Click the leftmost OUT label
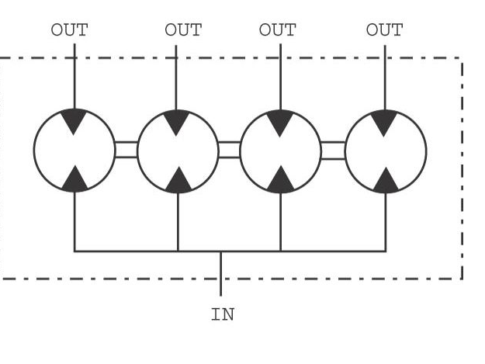[70, 30]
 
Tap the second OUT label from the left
[183, 30]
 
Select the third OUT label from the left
[278, 30]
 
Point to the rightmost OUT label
[384, 30]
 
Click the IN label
[223, 314]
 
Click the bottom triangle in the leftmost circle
[74, 181]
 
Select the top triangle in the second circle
[176, 121]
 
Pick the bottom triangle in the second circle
[178, 182]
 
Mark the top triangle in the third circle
[280, 122]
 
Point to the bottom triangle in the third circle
[281, 182]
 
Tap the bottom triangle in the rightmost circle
[386, 182]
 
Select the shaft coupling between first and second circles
[126, 150]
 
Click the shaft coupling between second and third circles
[229, 150]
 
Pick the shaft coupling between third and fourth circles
[333, 151]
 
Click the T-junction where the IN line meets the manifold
[220, 251]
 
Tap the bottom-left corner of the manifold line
[74, 251]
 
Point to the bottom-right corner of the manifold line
[386, 251]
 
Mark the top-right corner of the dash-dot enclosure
[462, 58]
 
